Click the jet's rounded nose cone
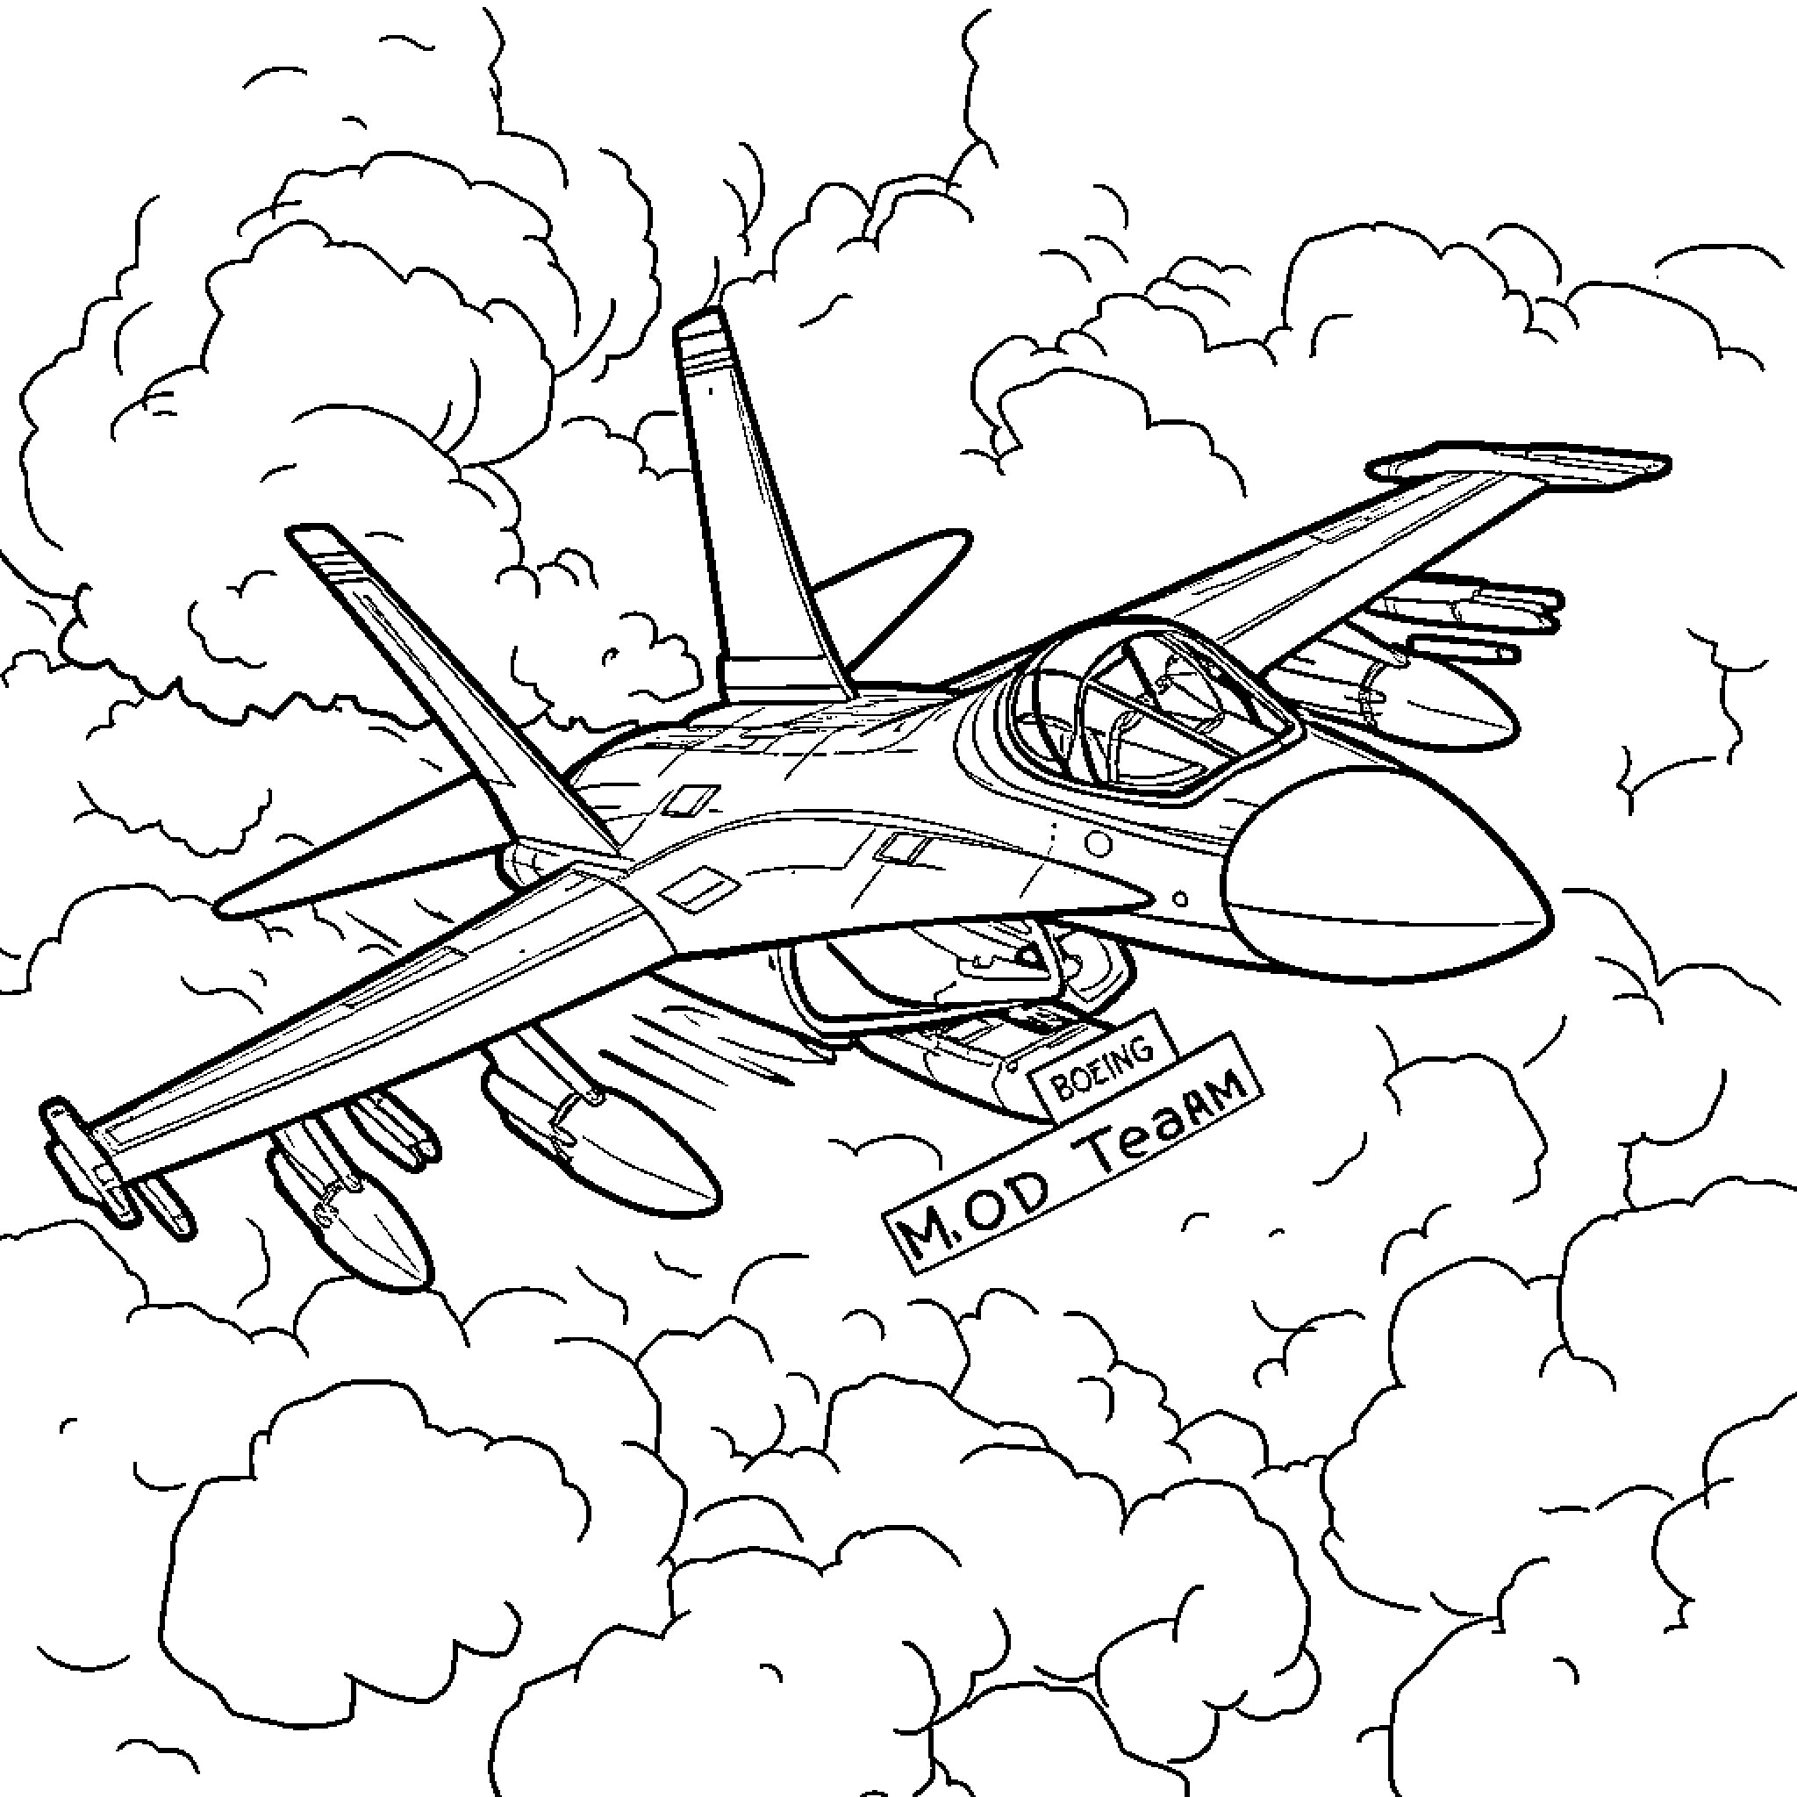point(1385,875)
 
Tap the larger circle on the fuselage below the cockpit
point(1099,843)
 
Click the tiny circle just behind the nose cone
point(1180,899)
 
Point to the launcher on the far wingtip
point(1517,464)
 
